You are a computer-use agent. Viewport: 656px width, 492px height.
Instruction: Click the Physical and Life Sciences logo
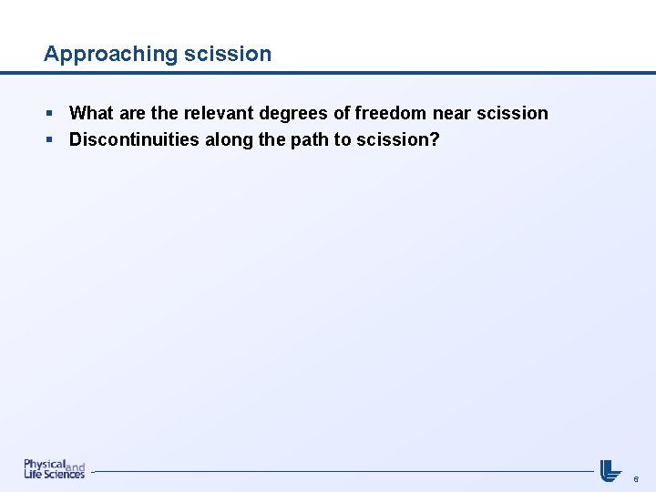tap(54, 469)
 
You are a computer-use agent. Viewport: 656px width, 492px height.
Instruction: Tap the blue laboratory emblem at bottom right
tap(610, 470)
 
